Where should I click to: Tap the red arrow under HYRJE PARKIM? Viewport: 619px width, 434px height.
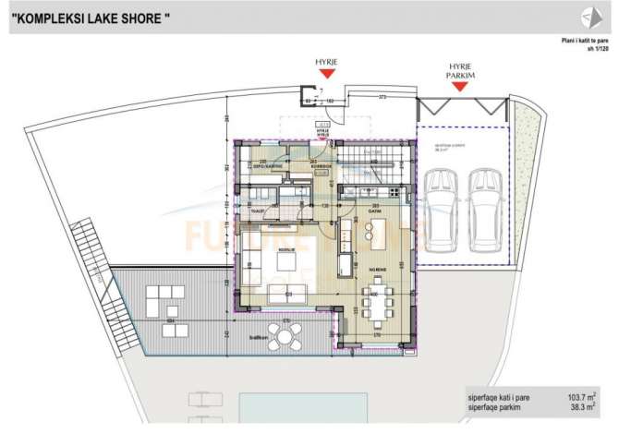458,87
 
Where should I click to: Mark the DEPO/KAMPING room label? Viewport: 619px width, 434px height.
266,167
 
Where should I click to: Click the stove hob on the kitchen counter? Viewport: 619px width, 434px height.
396,191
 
